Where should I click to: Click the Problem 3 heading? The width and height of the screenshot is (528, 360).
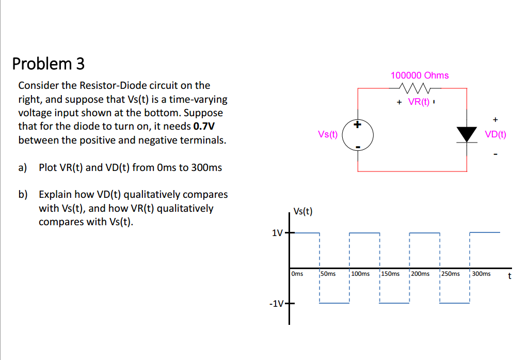point(48,64)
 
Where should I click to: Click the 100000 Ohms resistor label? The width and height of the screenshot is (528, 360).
point(420,75)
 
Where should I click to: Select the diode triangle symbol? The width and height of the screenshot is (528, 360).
point(467,134)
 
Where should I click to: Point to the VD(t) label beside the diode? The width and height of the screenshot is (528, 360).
point(495,134)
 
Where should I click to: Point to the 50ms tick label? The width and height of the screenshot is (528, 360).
point(328,274)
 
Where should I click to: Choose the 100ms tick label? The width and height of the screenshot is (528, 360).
point(360,274)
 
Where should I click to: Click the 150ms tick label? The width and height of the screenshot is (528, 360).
point(390,274)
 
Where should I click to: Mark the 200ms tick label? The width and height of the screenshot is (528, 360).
point(420,274)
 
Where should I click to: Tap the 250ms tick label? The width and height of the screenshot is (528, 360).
point(450,274)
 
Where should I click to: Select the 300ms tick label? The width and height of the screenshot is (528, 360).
point(481,274)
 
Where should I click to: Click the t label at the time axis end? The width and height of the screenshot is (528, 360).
point(509,276)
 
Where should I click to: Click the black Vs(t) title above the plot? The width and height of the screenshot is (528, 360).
point(302,211)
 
